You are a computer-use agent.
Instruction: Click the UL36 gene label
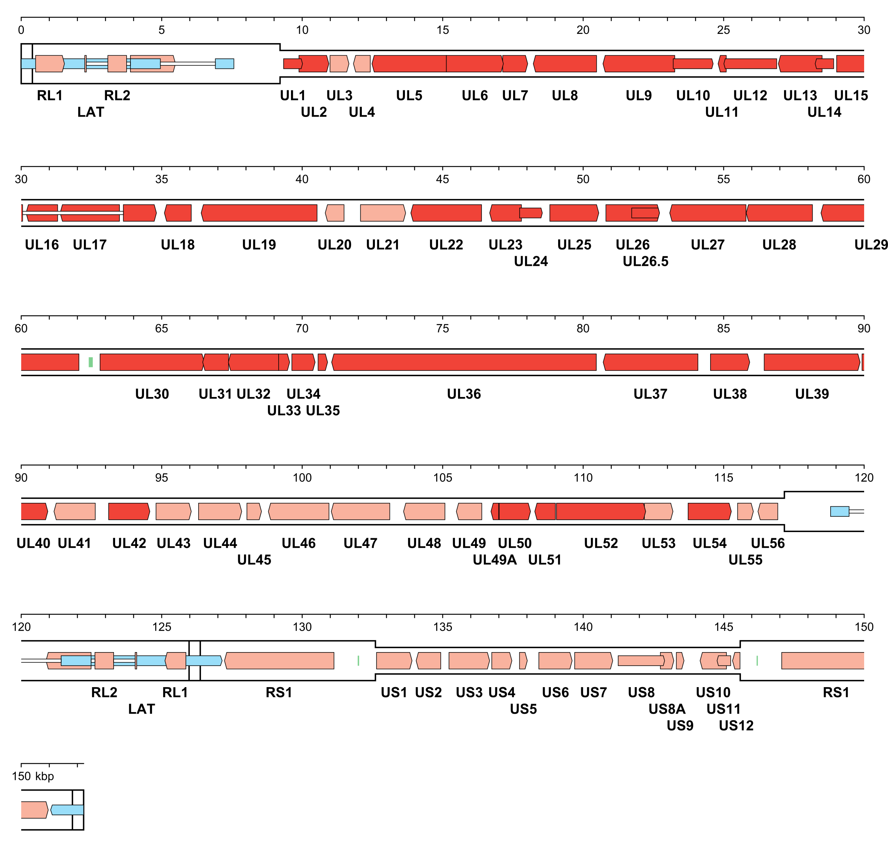[463, 394]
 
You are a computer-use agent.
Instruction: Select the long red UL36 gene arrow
[463, 362]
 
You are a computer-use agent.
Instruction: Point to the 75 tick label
[442, 329]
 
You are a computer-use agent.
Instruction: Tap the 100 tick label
[302, 478]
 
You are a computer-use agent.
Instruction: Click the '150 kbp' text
[33, 776]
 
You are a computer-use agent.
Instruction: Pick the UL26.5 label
[645, 262]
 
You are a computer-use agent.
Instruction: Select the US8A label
[666, 709]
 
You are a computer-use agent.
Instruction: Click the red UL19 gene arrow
[259, 213]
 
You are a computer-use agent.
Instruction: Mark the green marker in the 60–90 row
[91, 362]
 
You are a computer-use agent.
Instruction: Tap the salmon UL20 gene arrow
[334, 213]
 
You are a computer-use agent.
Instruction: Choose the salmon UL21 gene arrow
[383, 213]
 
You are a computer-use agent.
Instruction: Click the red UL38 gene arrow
[730, 362]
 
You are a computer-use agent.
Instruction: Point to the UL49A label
[495, 560]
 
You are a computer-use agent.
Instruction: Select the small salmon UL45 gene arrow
[254, 511]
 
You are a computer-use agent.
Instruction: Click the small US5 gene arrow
[523, 661]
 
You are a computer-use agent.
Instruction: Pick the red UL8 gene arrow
[565, 63]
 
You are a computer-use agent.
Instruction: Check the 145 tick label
[723, 627]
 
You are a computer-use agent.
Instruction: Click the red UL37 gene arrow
[650, 362]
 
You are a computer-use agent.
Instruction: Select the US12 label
[736, 726]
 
